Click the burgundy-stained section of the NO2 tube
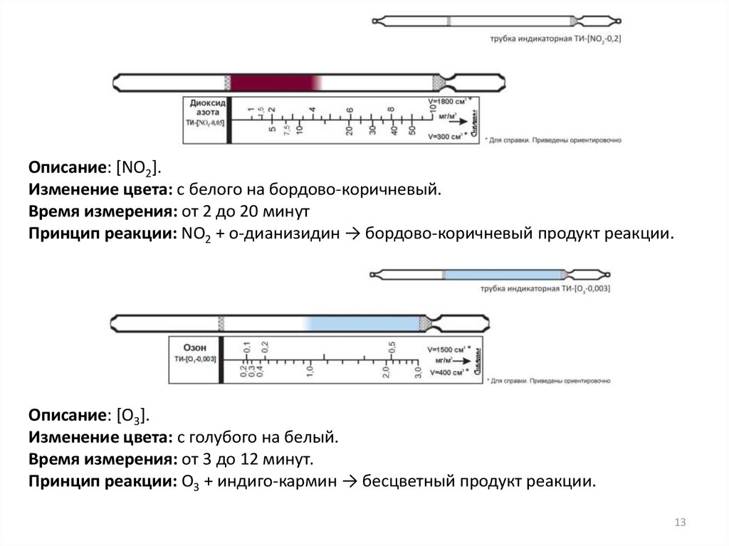pyautogui.click(x=274, y=83)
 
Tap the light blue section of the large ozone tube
pyautogui.click(x=363, y=323)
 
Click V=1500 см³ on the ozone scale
pyautogui.click(x=449, y=350)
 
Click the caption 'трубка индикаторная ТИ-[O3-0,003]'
pyautogui.click(x=545, y=289)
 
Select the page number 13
pyautogui.click(x=679, y=523)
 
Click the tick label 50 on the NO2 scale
pyautogui.click(x=412, y=129)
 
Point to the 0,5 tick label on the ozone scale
pyautogui.click(x=392, y=347)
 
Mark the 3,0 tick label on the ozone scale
pyautogui.click(x=418, y=370)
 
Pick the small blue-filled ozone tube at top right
pyautogui.click(x=503, y=274)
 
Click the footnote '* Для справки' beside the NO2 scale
pyautogui.click(x=552, y=140)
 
